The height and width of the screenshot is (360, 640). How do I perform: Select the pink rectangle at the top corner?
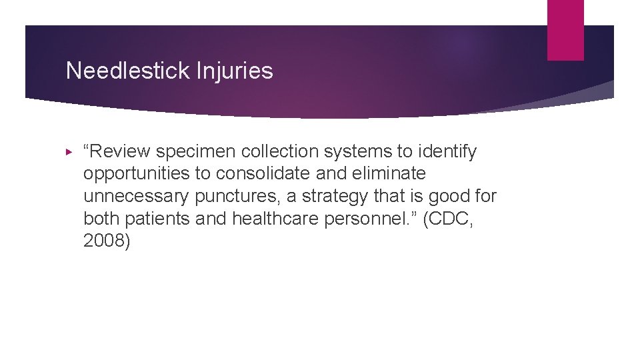tap(565, 29)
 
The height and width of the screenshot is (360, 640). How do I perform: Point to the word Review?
tap(120, 152)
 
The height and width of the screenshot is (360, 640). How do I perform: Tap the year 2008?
tap(107, 240)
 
